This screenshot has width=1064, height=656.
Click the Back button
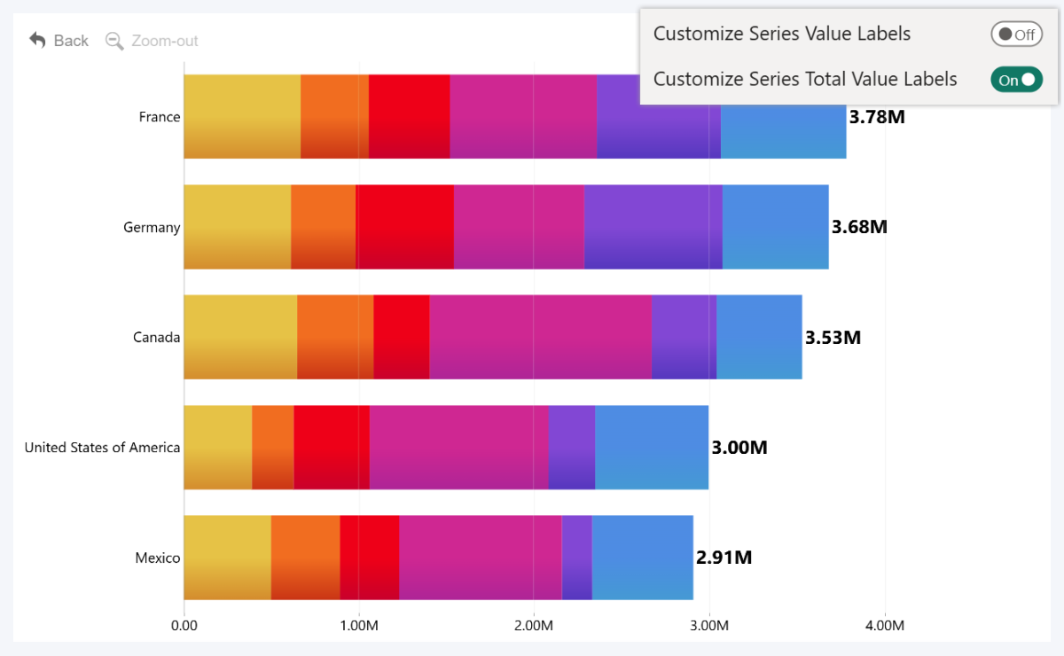59,41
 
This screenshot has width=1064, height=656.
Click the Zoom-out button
152,41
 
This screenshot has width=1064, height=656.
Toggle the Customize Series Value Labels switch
1016,35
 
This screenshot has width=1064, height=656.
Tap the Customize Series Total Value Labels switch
1016,80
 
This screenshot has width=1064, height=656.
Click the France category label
160,117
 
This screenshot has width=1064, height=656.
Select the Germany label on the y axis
152,228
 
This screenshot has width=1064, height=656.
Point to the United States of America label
102,448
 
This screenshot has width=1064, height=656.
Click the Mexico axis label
157,558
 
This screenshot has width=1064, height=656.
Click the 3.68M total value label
859,227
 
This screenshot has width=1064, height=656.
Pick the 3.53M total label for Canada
833,338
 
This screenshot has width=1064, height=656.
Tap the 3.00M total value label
739,448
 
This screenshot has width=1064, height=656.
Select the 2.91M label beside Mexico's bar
724,558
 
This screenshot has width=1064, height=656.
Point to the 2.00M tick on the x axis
534,626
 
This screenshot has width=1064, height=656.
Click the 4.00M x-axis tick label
884,626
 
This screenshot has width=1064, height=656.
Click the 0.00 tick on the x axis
184,626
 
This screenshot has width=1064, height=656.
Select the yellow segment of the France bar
242,117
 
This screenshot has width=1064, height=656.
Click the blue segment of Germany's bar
776,227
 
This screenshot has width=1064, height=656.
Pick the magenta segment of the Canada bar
540,337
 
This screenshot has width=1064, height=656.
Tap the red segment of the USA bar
332,448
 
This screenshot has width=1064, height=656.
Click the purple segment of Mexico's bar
576,558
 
